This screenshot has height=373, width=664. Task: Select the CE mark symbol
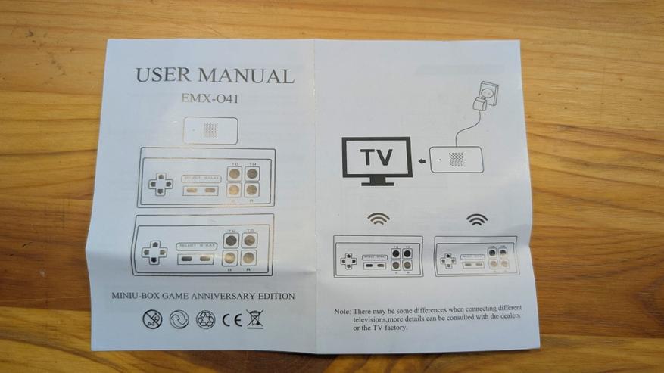click(230, 319)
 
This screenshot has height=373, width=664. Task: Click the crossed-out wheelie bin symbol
click(255, 319)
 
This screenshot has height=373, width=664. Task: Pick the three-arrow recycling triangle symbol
click(204, 319)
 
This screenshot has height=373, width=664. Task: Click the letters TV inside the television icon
click(376, 157)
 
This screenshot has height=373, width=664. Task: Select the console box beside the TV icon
click(456, 160)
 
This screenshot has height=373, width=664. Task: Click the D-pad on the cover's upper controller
click(158, 184)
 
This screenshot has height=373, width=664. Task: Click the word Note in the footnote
click(341, 311)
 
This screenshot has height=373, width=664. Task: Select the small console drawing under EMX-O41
click(211, 130)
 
